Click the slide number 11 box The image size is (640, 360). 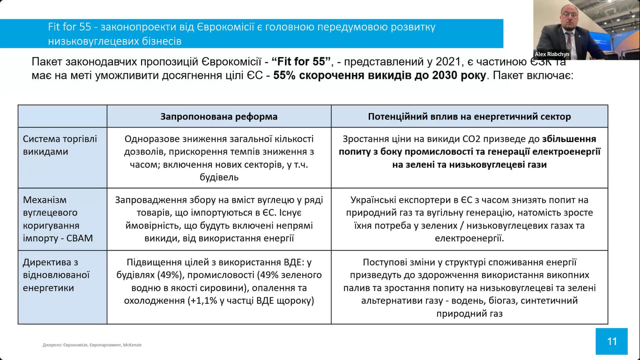(x=611, y=341)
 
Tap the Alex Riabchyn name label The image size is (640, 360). (x=552, y=54)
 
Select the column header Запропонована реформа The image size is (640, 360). (x=219, y=117)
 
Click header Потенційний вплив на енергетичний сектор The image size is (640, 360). (x=469, y=117)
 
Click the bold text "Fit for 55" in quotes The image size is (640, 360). (x=301, y=62)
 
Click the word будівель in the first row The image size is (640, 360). (x=219, y=177)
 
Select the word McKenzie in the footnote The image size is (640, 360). (x=133, y=345)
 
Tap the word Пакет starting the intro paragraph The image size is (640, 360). (x=46, y=62)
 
